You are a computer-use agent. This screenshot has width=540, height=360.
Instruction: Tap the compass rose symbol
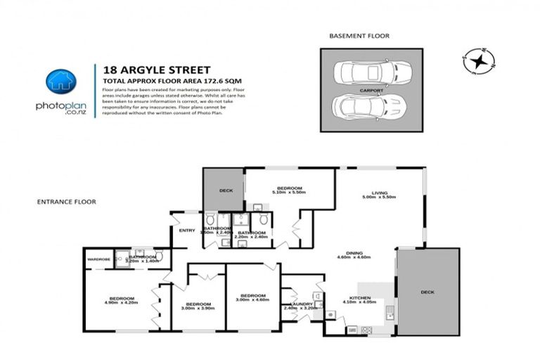[478, 61]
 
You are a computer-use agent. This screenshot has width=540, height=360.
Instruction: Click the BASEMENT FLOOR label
[359, 35]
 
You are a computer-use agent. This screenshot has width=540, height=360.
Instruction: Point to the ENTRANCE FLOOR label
[66, 202]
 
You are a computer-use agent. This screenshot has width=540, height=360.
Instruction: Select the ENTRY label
[187, 231]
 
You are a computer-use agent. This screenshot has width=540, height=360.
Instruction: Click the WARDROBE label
[98, 259]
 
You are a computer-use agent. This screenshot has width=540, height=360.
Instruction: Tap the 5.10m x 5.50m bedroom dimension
[289, 193]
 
